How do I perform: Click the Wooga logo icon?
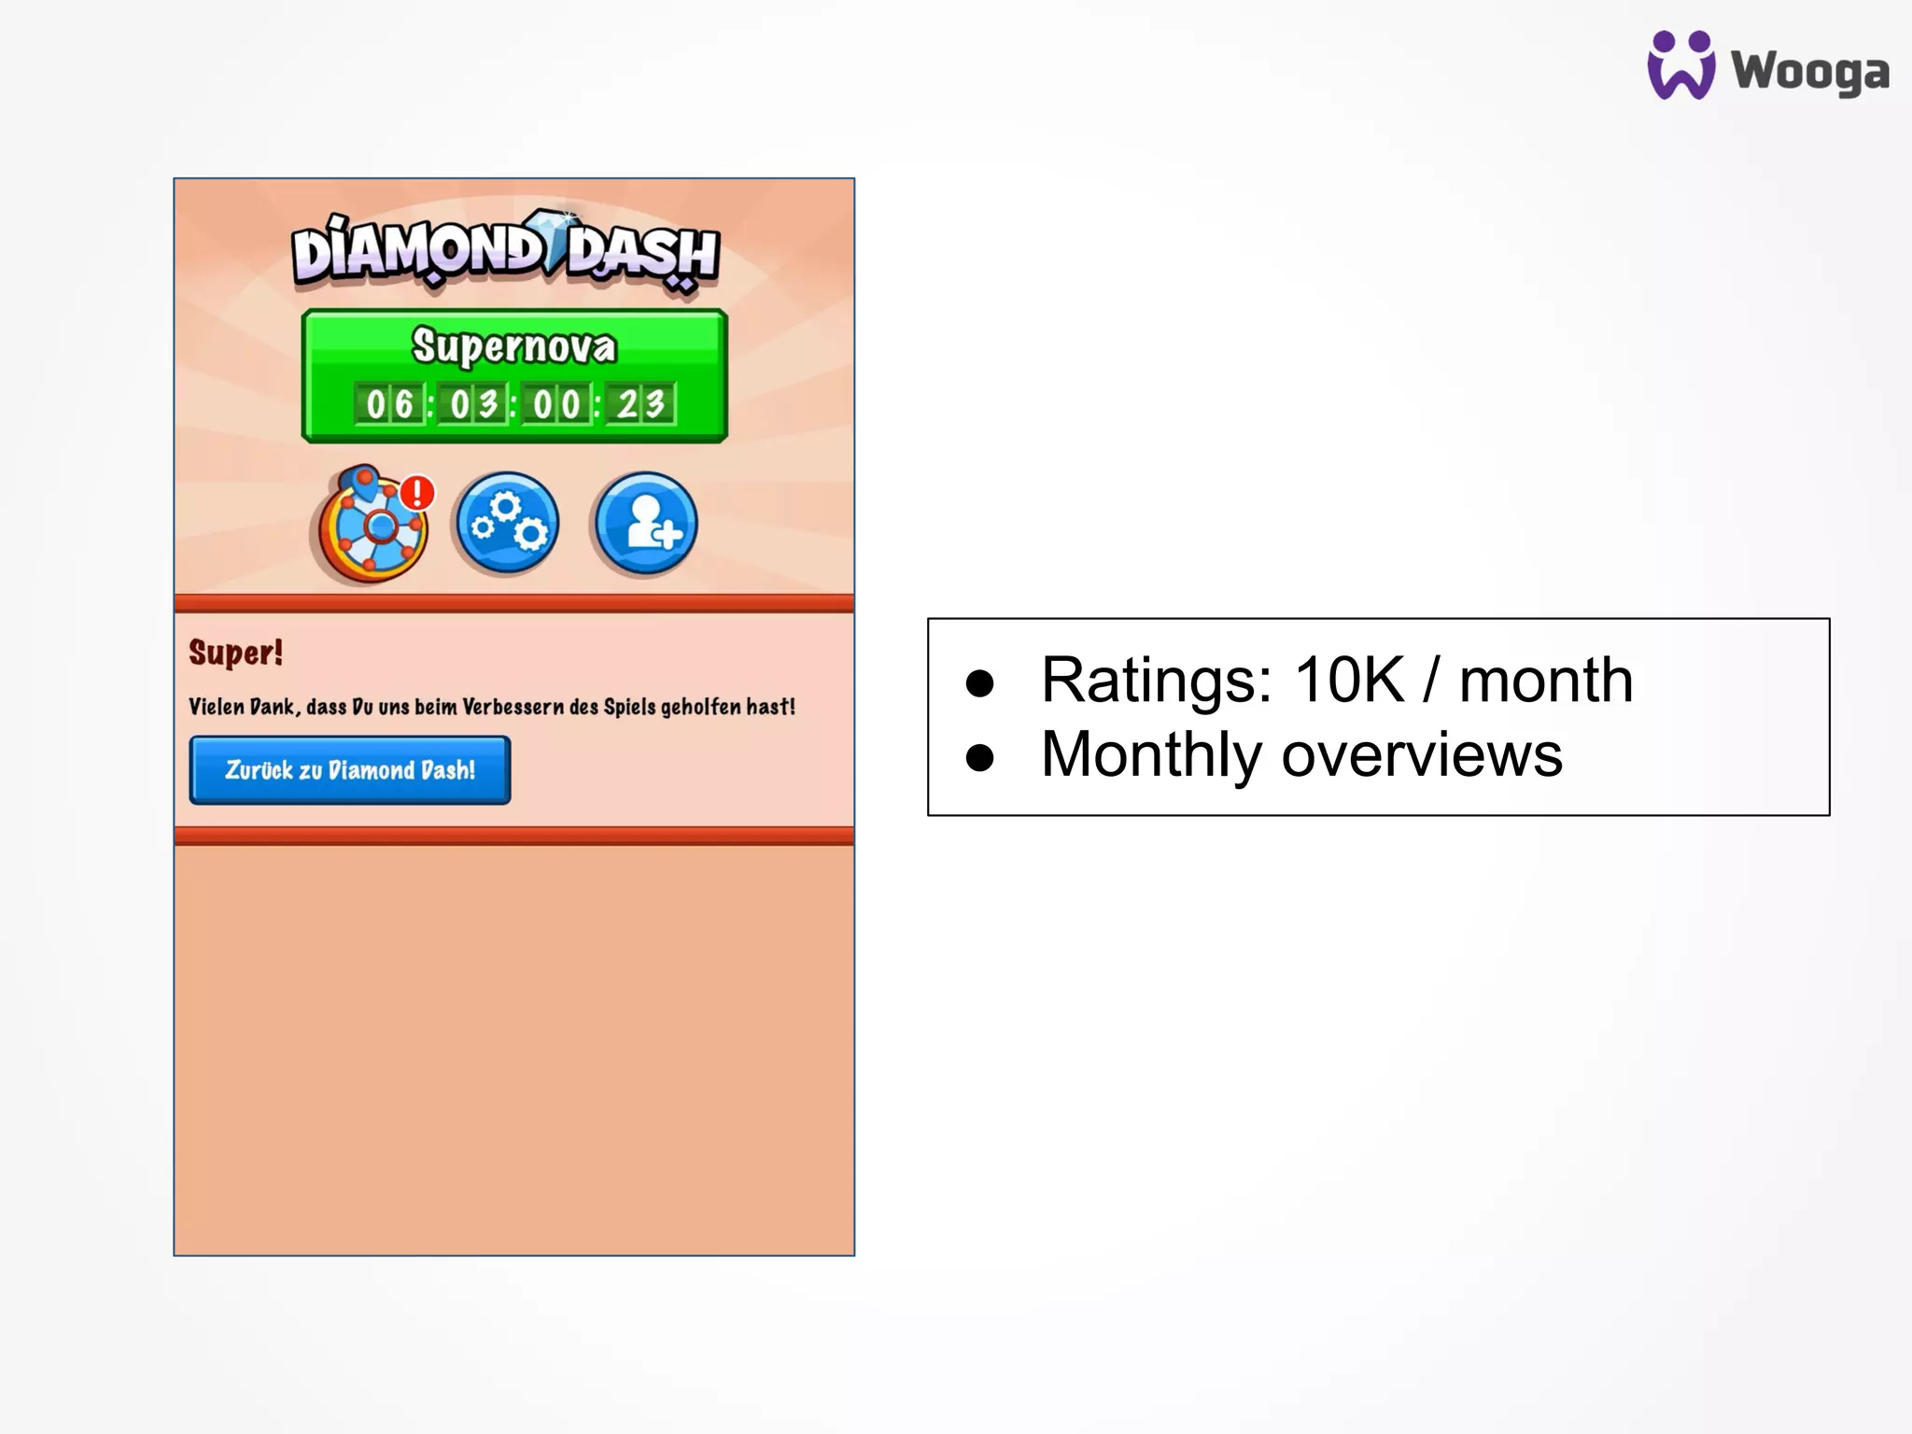[1680, 65]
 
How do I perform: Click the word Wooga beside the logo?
[1809, 73]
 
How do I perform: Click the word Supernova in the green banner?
[514, 346]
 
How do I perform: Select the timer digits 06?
[389, 404]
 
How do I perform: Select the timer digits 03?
[473, 404]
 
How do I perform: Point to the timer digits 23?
[640, 404]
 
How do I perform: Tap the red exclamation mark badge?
[417, 492]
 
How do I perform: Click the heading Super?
[235, 653]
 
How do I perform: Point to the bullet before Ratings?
[980, 683]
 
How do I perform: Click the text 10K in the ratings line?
[1349, 680]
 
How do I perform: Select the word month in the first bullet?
[1546, 680]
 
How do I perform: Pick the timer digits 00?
[556, 404]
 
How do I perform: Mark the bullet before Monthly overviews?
[980, 757]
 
